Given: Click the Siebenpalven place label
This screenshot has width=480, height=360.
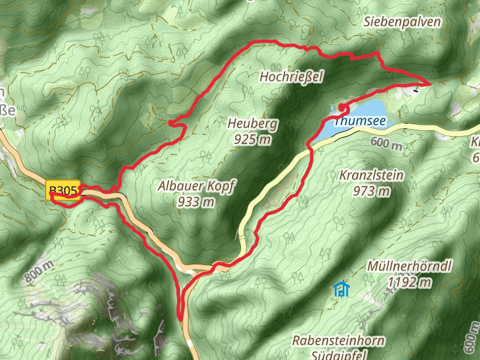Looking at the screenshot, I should coord(402,22).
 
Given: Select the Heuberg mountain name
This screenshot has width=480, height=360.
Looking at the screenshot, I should coord(252,124).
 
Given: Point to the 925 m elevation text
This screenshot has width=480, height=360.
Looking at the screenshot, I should coord(252,140).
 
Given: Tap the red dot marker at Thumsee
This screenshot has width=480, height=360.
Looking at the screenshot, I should coord(341,107).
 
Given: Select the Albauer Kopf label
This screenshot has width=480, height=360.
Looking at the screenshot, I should coord(196,186).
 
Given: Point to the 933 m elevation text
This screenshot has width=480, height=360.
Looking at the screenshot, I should coord(196,202).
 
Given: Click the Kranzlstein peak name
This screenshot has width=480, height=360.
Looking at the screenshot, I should coord(371,176).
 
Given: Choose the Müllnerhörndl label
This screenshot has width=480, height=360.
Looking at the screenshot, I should coord(410,266).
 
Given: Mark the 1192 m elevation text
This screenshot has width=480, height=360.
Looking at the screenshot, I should coord(410,281).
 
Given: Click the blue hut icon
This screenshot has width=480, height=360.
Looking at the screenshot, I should coord(341,290).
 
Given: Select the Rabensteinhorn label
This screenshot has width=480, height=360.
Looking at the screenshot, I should coord(338,340).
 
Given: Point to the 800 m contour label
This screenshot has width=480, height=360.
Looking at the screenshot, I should coord(39,273).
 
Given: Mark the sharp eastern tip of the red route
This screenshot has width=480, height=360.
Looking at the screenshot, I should coord(430,83).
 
